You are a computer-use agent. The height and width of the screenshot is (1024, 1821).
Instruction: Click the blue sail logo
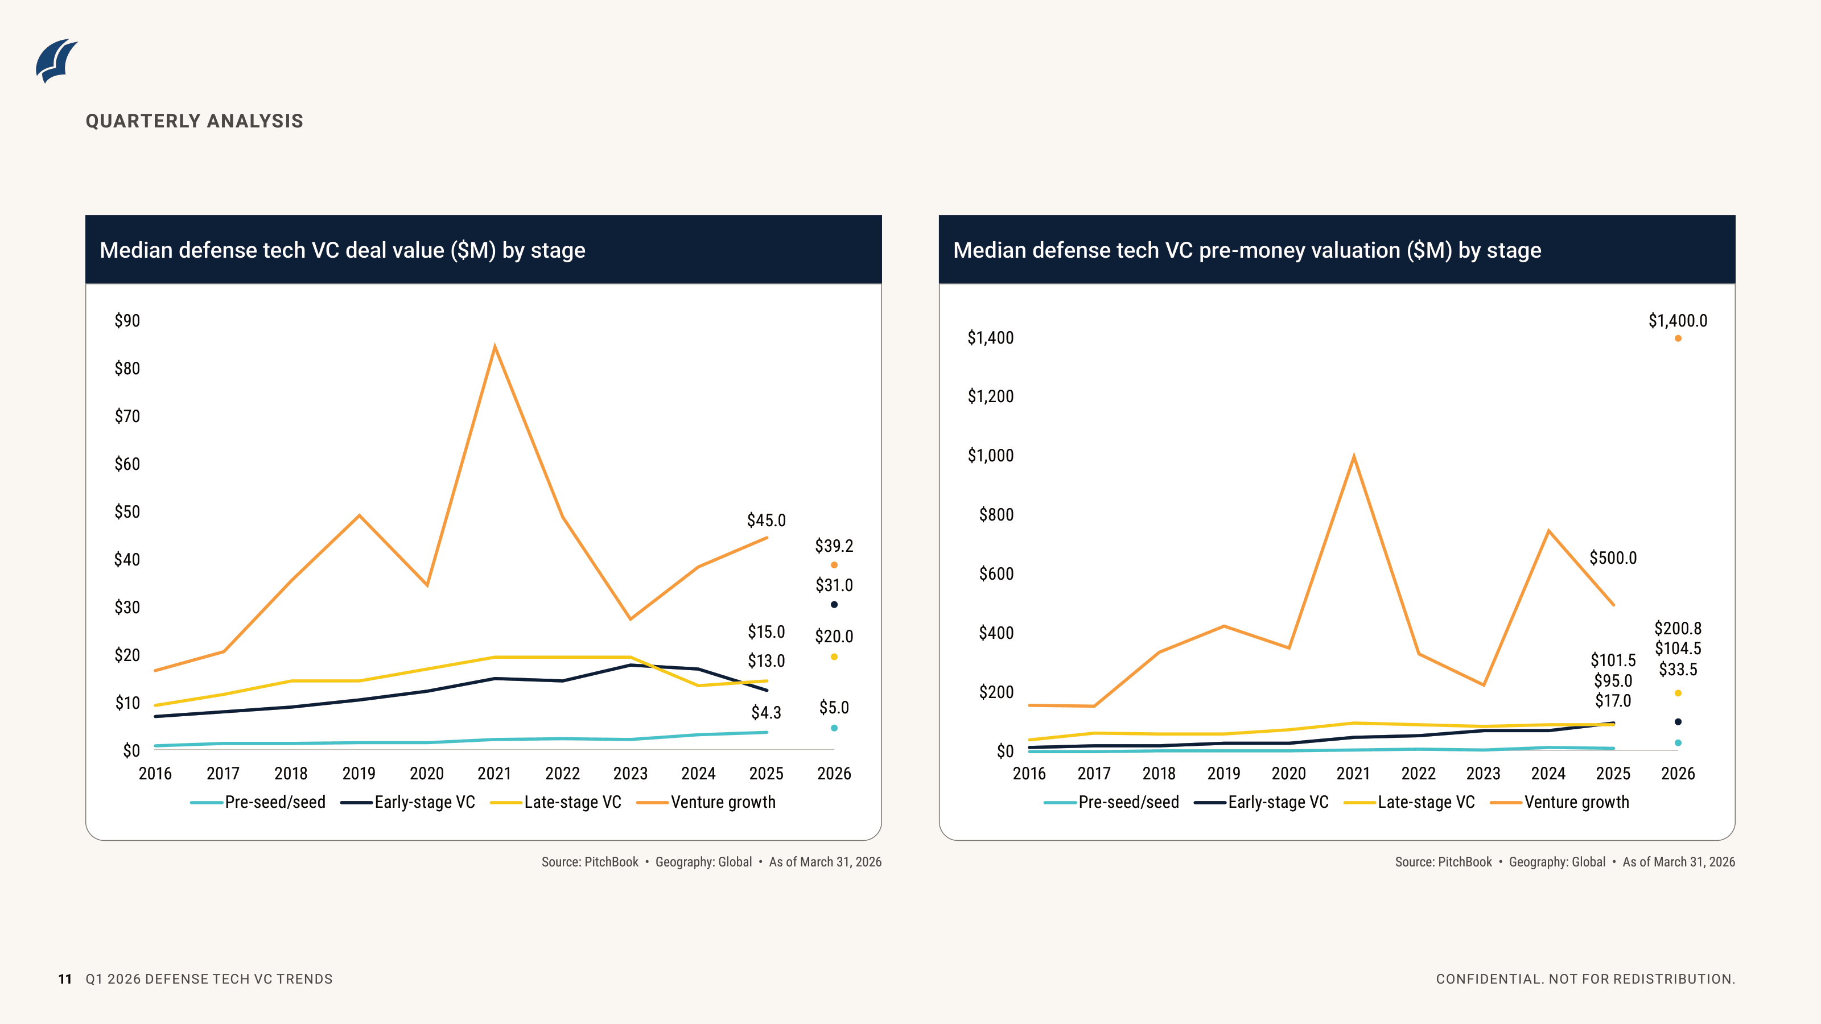56,61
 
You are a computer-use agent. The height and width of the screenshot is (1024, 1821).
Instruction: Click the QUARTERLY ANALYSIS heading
195,121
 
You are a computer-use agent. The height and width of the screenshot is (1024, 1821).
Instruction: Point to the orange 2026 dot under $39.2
834,565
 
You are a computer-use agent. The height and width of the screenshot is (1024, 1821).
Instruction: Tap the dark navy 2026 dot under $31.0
834,604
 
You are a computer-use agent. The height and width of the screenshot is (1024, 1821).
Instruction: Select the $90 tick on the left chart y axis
127,321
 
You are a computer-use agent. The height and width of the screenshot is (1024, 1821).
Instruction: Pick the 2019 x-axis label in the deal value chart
359,773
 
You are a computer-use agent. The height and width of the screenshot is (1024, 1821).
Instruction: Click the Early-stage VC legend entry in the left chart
408,802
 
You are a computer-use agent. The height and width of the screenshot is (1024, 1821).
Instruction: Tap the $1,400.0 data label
1678,321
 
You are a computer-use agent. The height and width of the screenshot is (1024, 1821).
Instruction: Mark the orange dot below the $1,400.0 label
1678,338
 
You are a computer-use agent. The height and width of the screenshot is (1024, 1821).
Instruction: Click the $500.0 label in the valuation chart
1613,558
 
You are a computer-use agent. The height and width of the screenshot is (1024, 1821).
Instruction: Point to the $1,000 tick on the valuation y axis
990,455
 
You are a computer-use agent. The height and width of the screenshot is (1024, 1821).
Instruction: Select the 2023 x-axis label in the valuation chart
1483,773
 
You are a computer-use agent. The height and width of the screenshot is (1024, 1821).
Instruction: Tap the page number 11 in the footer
65,978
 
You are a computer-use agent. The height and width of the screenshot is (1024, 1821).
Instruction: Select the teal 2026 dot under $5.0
834,728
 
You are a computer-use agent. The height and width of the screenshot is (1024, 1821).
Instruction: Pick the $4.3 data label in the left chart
767,712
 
